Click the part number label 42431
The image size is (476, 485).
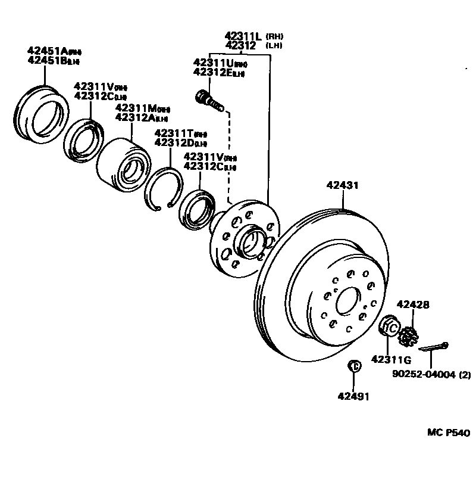[x=342, y=185]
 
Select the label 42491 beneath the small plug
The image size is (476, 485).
[x=353, y=396]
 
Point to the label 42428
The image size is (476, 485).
[x=412, y=304]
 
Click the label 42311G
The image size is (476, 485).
[x=391, y=359]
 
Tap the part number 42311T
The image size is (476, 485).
[x=173, y=133]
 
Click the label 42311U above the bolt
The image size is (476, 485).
[x=212, y=63]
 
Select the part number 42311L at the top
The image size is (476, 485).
[x=245, y=36]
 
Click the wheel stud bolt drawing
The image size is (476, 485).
[x=209, y=100]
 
